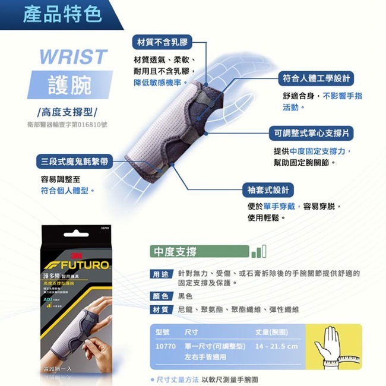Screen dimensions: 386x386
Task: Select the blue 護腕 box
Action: point(70,85)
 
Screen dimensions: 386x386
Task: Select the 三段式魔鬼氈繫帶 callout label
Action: point(74,161)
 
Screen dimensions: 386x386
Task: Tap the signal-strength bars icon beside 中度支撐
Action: point(259,251)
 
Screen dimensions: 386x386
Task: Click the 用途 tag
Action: point(160,274)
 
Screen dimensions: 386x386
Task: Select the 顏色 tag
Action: point(160,296)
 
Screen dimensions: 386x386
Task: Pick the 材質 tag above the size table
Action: point(160,309)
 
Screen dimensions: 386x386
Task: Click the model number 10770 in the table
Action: point(163,346)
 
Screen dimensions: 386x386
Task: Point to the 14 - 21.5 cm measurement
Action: point(276,346)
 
